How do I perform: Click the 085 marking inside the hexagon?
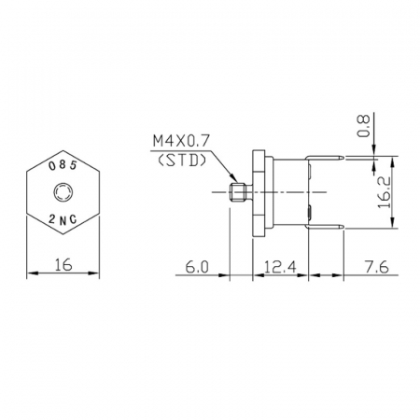point(62,164)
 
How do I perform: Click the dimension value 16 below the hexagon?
point(62,264)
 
